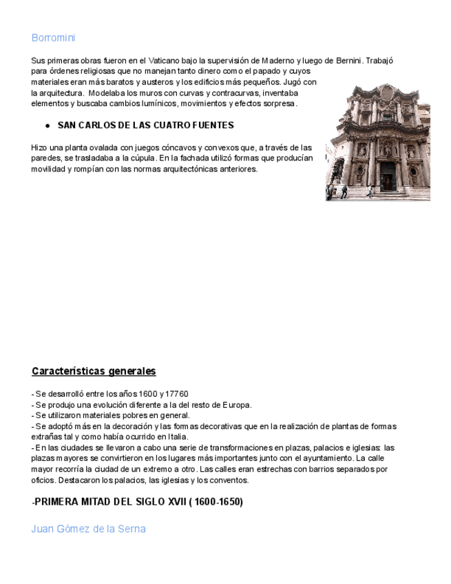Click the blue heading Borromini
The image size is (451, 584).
click(53, 38)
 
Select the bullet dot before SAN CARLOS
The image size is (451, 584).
click(48, 125)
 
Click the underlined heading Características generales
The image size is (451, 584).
click(94, 371)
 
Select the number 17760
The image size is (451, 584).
click(176, 394)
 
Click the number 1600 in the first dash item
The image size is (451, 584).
click(146, 394)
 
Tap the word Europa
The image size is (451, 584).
click(236, 405)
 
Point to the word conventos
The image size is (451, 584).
click(228, 480)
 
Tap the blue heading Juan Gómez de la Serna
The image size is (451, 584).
click(88, 529)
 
